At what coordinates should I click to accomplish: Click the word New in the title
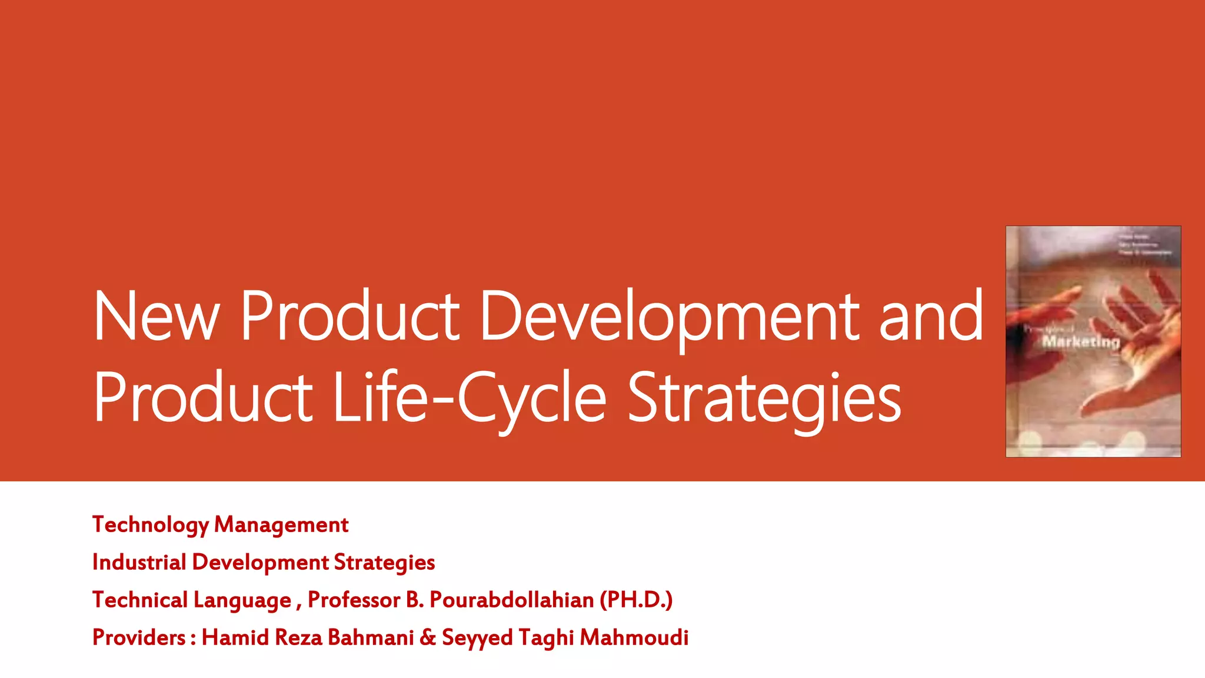pyautogui.click(x=157, y=316)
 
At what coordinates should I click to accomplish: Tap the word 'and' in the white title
pyautogui.click(x=931, y=316)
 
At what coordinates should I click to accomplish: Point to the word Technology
pyautogui.click(x=151, y=525)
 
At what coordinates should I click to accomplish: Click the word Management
pyautogui.click(x=281, y=525)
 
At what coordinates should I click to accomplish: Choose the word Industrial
pyautogui.click(x=139, y=562)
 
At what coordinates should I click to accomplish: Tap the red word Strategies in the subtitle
pyautogui.click(x=384, y=563)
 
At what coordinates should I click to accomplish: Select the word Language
pyautogui.click(x=242, y=600)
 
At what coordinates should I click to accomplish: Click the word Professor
pyautogui.click(x=354, y=600)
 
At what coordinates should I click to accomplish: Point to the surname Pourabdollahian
pyautogui.click(x=512, y=600)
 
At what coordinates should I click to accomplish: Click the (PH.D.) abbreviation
pyautogui.click(x=636, y=600)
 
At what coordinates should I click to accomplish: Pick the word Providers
pyautogui.click(x=139, y=637)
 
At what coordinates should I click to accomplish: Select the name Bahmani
pyautogui.click(x=371, y=637)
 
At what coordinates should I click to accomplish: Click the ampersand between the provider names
pyautogui.click(x=428, y=637)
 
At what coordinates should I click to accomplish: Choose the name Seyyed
pyautogui.click(x=477, y=638)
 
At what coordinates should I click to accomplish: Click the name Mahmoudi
pyautogui.click(x=634, y=637)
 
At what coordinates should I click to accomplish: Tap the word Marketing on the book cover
pyautogui.click(x=1081, y=342)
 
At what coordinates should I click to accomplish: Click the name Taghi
pyautogui.click(x=546, y=638)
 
